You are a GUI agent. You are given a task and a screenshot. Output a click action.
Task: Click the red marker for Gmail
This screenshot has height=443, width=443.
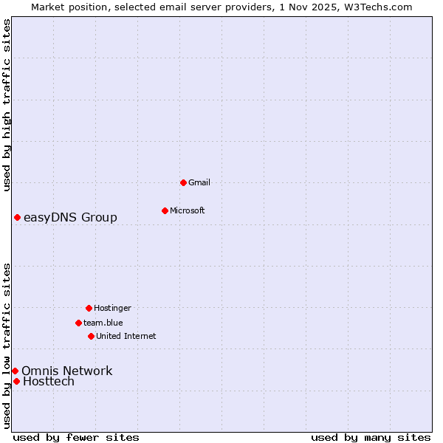(183, 182)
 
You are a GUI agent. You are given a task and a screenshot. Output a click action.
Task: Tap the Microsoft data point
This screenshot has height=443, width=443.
(165, 210)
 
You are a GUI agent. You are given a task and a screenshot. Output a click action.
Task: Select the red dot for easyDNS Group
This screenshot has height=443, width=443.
(17, 217)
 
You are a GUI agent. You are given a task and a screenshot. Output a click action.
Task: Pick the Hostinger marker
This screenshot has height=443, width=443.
(89, 308)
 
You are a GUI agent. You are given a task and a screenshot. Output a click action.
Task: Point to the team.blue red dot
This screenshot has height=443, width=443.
(78, 323)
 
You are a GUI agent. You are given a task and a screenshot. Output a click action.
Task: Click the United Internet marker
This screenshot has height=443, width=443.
(91, 336)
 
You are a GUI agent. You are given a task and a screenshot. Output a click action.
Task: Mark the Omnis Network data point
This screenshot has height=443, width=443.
(15, 371)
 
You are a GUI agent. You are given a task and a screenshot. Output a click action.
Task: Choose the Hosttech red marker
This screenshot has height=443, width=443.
(16, 381)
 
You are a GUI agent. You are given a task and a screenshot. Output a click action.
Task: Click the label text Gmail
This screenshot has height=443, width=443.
(199, 182)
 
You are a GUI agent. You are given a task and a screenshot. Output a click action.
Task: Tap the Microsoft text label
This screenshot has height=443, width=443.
(188, 210)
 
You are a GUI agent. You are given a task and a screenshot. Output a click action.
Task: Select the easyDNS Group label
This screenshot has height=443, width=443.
(70, 217)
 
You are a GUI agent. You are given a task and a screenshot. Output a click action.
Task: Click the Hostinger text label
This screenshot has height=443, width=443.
(112, 308)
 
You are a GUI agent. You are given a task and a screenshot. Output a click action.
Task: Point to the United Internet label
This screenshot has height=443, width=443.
(126, 336)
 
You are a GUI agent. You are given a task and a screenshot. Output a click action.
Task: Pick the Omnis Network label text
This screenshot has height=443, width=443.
(66, 371)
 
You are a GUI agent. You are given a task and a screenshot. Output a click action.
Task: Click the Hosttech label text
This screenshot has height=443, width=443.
(49, 382)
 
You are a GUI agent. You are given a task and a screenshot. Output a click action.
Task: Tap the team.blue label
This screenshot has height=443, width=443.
(103, 323)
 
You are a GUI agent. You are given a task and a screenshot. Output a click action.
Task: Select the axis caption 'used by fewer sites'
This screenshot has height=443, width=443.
(76, 437)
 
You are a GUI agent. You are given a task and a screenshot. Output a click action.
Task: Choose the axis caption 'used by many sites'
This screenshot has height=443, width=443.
(371, 437)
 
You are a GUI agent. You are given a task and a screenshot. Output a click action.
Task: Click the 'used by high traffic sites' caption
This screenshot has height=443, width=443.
(7, 105)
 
